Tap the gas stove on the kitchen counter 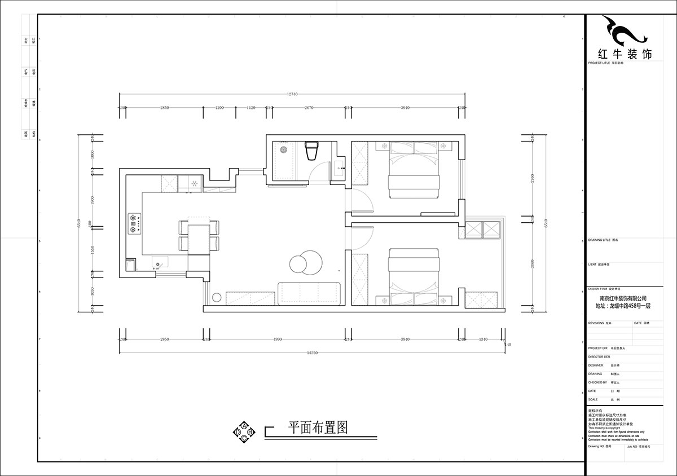[134, 222]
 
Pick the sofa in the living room [310, 293]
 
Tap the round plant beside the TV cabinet [216, 298]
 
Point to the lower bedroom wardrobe [360, 279]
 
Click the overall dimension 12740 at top [292, 94]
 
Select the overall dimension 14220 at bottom [311, 353]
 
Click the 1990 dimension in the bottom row [277, 340]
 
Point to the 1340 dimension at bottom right [483, 340]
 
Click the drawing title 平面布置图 [317, 427]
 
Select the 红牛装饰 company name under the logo [624, 55]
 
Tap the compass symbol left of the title [244, 431]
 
